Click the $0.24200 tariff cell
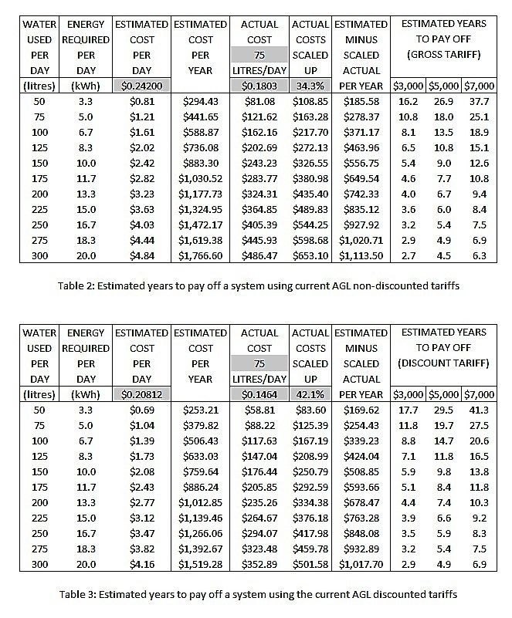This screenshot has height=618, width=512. pyautogui.click(x=141, y=86)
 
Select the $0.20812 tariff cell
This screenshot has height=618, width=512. pyautogui.click(x=141, y=394)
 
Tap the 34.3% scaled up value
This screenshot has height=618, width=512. pyautogui.click(x=310, y=86)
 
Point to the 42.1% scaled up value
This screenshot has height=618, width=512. pyautogui.click(x=310, y=394)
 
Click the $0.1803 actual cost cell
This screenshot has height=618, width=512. pyautogui.click(x=259, y=86)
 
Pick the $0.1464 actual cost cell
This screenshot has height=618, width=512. pyautogui.click(x=259, y=394)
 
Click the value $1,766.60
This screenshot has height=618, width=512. pyautogui.click(x=200, y=256)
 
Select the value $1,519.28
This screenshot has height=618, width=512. pyautogui.click(x=200, y=564)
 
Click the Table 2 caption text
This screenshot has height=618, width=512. pyautogui.click(x=258, y=285)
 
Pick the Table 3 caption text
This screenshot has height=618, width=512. pyautogui.click(x=258, y=594)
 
